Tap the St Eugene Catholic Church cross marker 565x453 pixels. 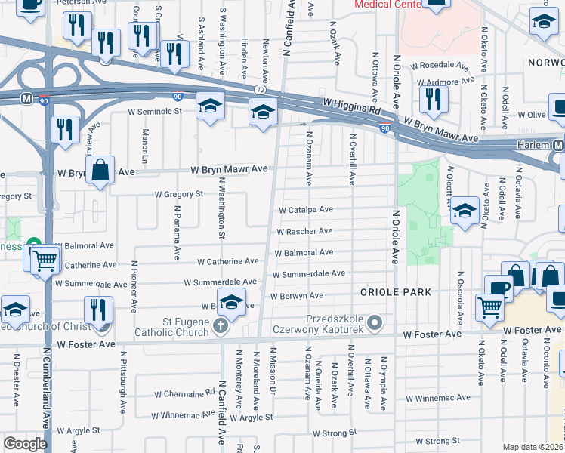point(220,326)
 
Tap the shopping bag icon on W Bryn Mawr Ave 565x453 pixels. point(100,171)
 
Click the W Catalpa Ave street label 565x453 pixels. point(305,210)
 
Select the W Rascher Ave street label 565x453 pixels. point(304,231)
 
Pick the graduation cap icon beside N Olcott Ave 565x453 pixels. point(465,212)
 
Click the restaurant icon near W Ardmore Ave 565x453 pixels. point(434,98)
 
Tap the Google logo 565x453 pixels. point(25,444)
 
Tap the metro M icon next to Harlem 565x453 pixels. point(559,145)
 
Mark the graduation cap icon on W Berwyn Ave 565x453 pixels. point(231,301)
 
